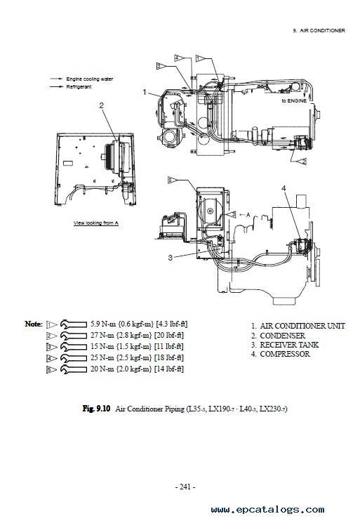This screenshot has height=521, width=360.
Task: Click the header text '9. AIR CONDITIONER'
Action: (319, 31)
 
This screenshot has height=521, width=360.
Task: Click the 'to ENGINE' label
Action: (294, 100)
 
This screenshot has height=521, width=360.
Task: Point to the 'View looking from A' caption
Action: (96, 223)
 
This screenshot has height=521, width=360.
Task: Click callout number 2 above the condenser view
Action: (102, 105)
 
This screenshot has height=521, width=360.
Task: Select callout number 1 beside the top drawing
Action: (145, 92)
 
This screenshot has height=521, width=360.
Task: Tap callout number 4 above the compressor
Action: (284, 188)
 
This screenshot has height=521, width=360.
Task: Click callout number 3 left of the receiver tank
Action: (171, 258)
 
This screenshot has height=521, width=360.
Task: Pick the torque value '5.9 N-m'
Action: (100, 324)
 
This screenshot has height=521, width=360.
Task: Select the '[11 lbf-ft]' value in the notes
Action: (169, 346)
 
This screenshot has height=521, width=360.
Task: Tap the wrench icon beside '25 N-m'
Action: (74, 359)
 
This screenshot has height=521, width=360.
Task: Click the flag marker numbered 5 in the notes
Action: (51, 369)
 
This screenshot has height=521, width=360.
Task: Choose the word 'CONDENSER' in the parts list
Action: (282, 336)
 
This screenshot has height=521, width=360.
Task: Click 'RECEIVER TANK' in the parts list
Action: (289, 345)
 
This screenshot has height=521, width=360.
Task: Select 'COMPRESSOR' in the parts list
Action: (285, 354)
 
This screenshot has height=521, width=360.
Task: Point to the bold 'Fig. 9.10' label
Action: (96, 409)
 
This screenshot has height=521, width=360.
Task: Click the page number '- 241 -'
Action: (185, 487)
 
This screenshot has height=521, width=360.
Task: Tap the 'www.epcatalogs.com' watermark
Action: (267, 509)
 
